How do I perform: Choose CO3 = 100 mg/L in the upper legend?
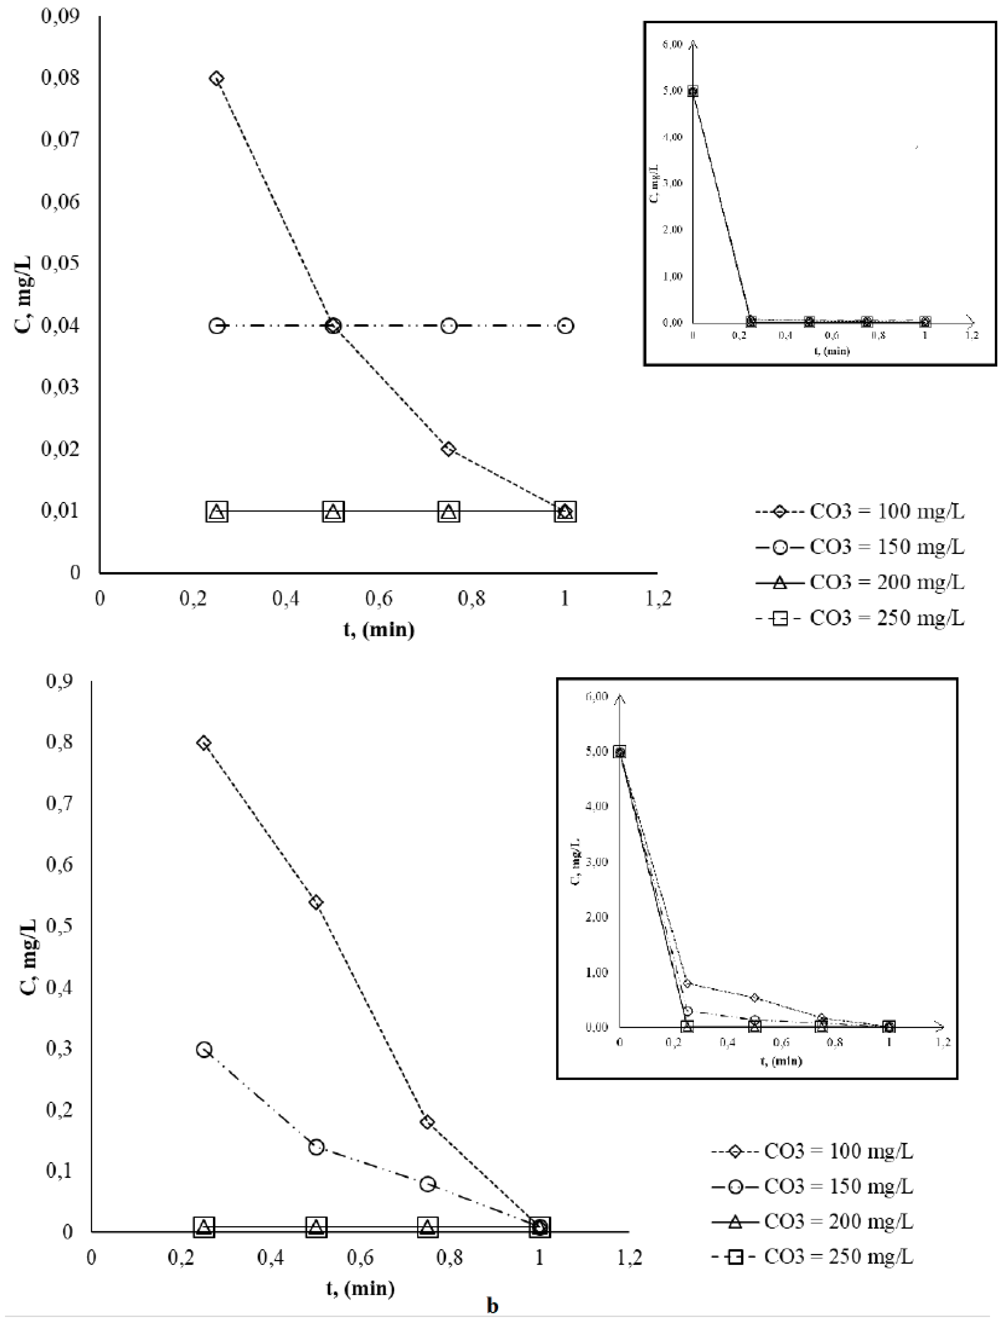pyautogui.click(x=886, y=512)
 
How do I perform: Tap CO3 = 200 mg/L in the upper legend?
pyautogui.click(x=886, y=582)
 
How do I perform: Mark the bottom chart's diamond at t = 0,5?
pyautogui.click(x=316, y=902)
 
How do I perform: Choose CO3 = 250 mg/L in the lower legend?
pyautogui.click(x=838, y=1257)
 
